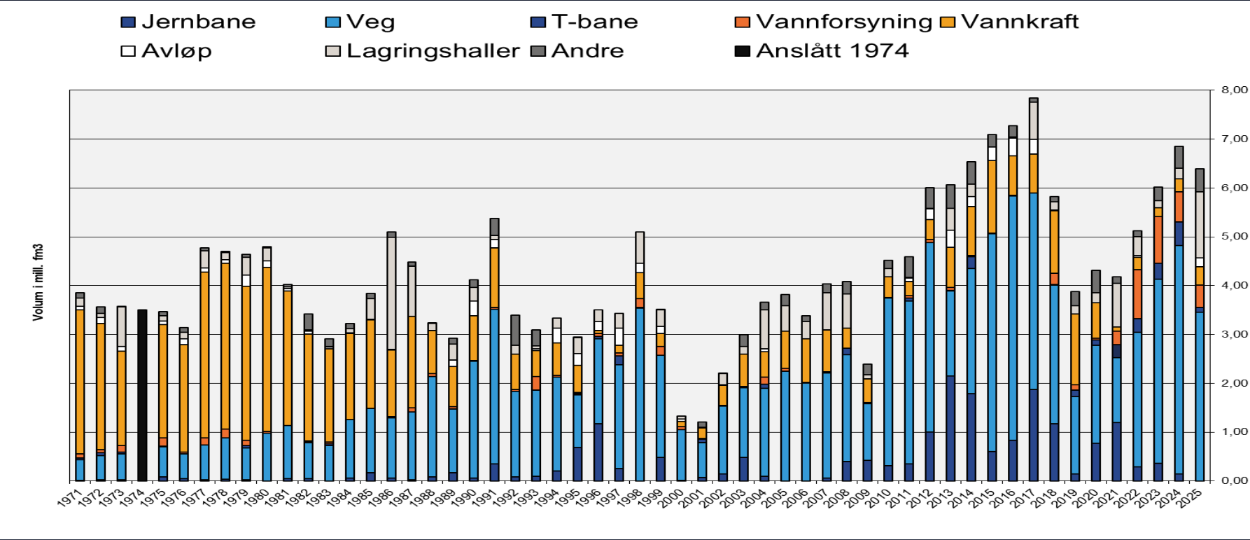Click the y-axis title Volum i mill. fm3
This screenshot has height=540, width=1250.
click(38, 282)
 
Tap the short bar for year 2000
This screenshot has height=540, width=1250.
click(681, 455)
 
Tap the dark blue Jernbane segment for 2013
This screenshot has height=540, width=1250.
click(950, 428)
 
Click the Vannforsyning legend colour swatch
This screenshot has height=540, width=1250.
click(742, 22)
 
